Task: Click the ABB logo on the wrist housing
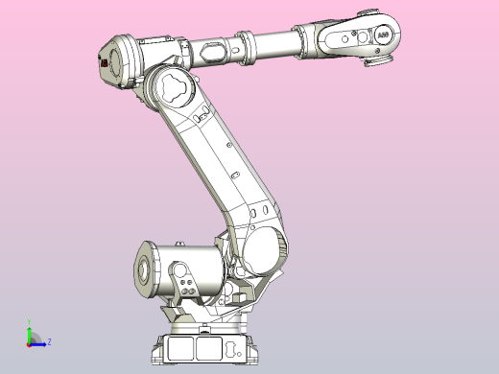[383, 34]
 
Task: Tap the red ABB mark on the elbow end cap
[102, 62]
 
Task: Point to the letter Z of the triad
[49, 341]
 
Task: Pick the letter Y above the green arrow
[29, 323]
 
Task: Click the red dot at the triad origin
[30, 340]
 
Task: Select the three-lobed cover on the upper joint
[172, 86]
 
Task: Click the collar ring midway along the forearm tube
[249, 45]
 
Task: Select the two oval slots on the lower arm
[256, 211]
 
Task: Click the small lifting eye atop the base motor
[180, 245]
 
